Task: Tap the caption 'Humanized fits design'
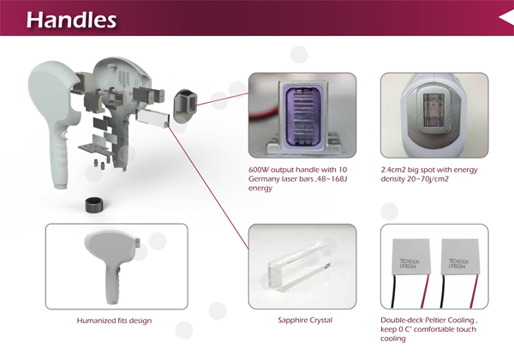pyautogui.click(x=114, y=321)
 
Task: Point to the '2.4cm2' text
pyautogui.click(x=395, y=171)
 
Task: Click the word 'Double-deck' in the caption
pyautogui.click(x=401, y=321)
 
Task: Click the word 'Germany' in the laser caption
pyautogui.click(x=263, y=179)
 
